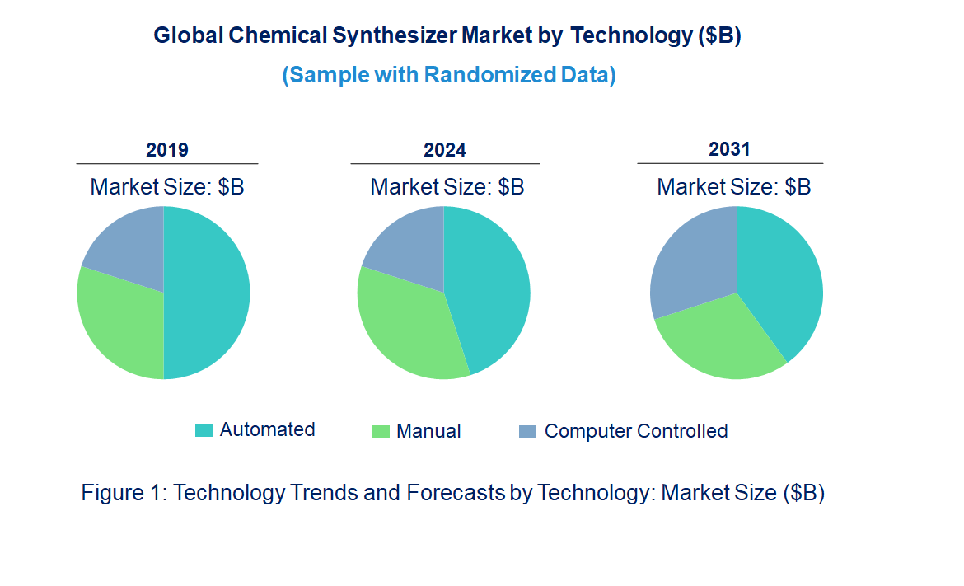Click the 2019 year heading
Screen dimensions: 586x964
(167, 150)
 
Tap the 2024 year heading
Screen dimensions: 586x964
(445, 150)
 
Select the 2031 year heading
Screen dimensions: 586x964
(730, 149)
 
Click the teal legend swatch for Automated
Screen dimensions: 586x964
(204, 430)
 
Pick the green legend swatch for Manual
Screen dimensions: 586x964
(380, 431)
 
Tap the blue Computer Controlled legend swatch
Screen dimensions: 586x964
(527, 431)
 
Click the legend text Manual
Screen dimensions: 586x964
(428, 431)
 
